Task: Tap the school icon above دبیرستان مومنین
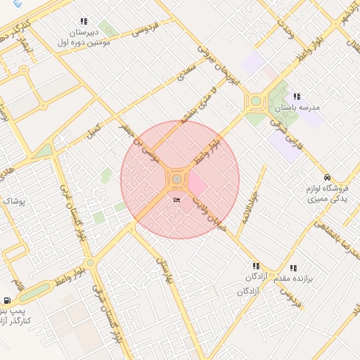point(84,22)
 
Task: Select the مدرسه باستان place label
point(302,108)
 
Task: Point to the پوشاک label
point(13,201)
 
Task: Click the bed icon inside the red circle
point(176,201)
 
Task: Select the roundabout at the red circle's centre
point(176,179)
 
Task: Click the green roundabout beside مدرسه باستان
point(255,103)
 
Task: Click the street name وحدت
point(284,29)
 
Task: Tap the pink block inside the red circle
point(197,186)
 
